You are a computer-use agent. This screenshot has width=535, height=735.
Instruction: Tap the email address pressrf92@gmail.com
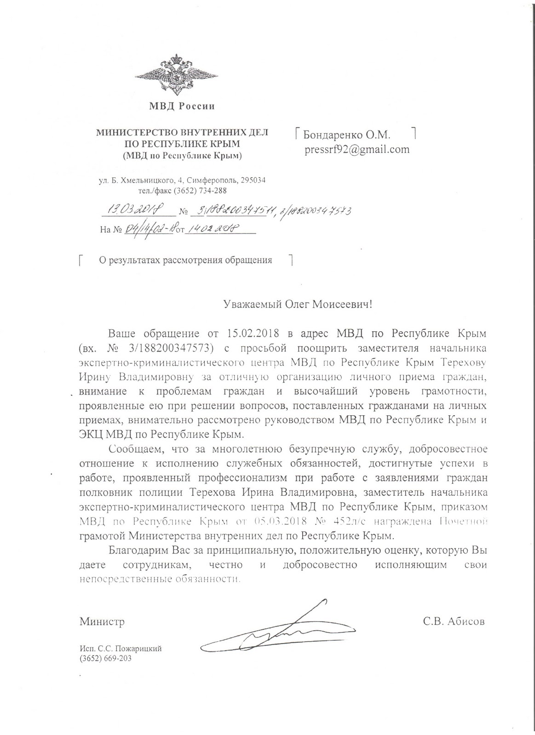[x=357, y=149]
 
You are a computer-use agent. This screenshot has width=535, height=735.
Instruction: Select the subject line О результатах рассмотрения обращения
[x=186, y=260]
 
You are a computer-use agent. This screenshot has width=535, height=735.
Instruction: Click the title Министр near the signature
[x=102, y=622]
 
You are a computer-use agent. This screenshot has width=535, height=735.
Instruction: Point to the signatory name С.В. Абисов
[x=454, y=622]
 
